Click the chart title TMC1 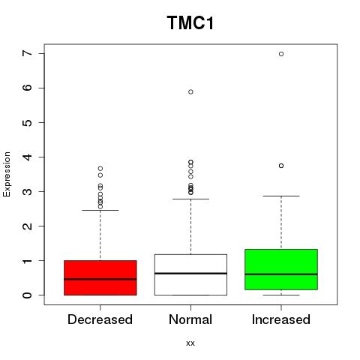click(x=190, y=23)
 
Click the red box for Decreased click(x=100, y=277)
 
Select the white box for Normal click(x=190, y=274)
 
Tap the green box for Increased click(x=281, y=269)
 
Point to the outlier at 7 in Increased click(x=281, y=54)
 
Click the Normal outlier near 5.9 click(x=190, y=92)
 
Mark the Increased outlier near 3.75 click(x=281, y=166)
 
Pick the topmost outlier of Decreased click(x=100, y=169)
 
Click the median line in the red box click(x=100, y=279)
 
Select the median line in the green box click(x=281, y=274)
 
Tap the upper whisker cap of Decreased click(x=100, y=210)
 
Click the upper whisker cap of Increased click(x=281, y=196)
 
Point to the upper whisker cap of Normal click(x=190, y=199)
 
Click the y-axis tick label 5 click(x=28, y=122)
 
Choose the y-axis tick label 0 click(x=28, y=295)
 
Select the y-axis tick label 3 click(x=28, y=191)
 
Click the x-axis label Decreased click(x=100, y=319)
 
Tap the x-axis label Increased click(x=281, y=319)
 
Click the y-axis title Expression click(x=7, y=174)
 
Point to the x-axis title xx click(x=190, y=343)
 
